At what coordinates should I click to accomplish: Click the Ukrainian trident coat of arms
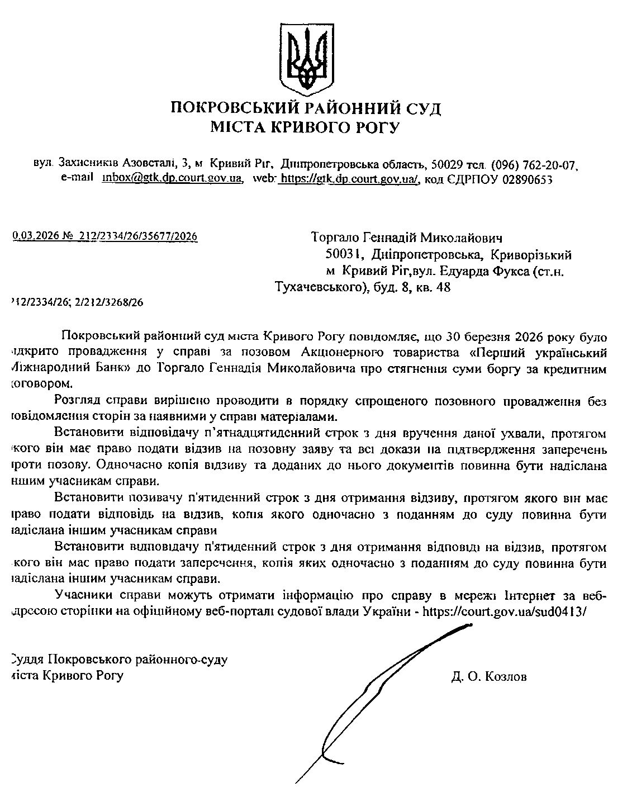coord(306,59)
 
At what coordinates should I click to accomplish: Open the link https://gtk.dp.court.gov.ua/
coord(349,179)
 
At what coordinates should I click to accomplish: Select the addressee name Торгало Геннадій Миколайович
coord(406,238)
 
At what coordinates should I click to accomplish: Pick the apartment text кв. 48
coord(434,288)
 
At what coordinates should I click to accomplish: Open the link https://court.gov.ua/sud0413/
coord(506,611)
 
